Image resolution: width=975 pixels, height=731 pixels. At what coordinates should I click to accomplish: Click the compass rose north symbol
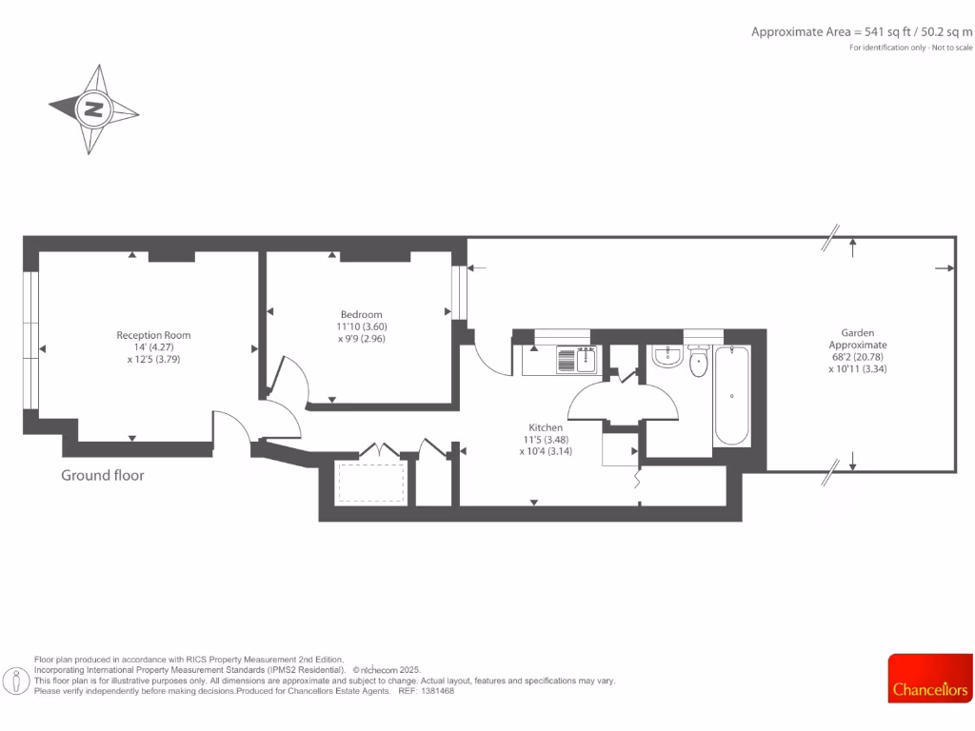coord(93,109)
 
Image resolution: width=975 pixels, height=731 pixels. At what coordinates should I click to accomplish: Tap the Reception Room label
coord(153,335)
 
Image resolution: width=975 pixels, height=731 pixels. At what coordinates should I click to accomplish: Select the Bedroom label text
coord(361,315)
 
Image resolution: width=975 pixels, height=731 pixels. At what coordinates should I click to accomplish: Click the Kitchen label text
coord(547,427)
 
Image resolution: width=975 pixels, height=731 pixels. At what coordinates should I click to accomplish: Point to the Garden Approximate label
coord(857,339)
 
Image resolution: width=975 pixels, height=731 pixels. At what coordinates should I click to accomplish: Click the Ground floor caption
coord(103,475)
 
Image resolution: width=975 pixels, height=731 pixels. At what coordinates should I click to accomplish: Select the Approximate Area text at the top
coord(861,31)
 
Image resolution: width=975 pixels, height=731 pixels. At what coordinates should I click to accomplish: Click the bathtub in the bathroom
coord(731,396)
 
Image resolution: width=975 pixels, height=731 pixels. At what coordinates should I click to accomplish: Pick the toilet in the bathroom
coord(698,360)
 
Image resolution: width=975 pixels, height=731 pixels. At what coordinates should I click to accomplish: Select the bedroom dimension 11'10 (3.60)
coord(361,326)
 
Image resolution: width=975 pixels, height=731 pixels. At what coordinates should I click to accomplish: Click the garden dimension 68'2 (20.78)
coord(857,357)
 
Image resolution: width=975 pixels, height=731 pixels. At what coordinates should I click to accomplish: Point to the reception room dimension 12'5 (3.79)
coord(153,360)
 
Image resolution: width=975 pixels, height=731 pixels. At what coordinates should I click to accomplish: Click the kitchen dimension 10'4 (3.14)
coord(547,451)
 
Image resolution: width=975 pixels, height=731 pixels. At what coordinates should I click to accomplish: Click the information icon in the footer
coord(16,681)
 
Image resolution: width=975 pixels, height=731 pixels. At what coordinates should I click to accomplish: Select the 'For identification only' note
coord(911,48)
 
